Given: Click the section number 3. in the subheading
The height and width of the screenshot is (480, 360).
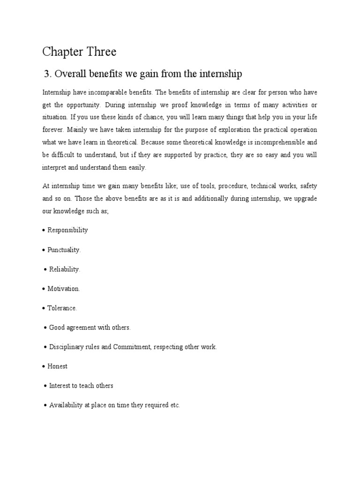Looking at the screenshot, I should tap(47, 74).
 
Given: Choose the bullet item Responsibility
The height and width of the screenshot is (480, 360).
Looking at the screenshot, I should tap(67, 230).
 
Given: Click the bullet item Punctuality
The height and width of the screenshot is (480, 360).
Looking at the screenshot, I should tap(64, 250).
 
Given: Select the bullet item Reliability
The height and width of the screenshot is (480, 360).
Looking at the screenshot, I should tap(65, 270).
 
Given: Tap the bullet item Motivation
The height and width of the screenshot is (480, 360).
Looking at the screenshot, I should tap(64, 289).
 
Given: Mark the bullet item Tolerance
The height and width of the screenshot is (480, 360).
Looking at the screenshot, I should tap(62, 308).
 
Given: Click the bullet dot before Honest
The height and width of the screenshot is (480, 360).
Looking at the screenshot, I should tap(43, 367).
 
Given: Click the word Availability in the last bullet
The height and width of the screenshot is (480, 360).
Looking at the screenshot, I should tap(66, 405).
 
